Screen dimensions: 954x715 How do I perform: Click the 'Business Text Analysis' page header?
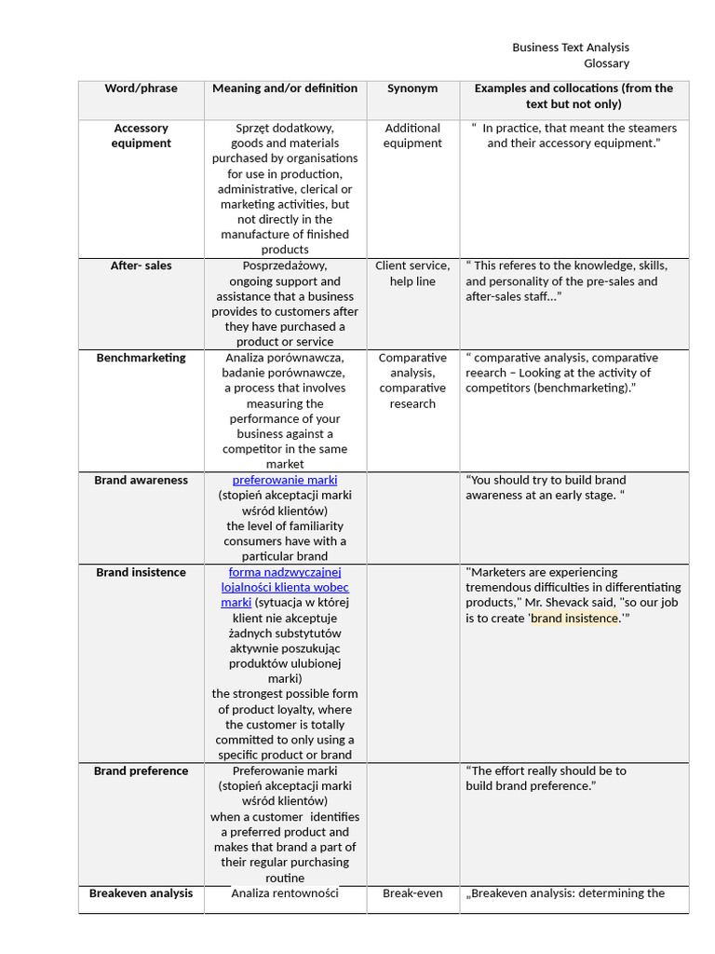coord(571,48)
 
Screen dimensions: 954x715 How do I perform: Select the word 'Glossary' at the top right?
coord(606,63)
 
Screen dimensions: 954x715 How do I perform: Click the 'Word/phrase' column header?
coord(142,89)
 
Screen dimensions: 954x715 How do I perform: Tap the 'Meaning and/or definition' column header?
coord(285,89)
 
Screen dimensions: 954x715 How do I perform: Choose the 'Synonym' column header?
coord(412,89)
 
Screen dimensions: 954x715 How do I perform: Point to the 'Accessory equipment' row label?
coord(142,135)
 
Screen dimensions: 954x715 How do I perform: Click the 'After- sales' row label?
coord(142,266)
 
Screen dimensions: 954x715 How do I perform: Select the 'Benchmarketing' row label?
coord(142,358)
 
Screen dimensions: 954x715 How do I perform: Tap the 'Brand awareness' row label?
coord(142,480)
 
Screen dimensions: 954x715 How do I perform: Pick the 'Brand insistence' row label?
coord(142,572)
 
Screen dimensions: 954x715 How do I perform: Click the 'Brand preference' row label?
coord(142,770)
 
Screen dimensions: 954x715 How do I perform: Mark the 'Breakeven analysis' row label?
coord(142,893)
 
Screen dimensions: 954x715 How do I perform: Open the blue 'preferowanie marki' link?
coord(285,480)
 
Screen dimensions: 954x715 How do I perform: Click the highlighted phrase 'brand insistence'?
coord(574,618)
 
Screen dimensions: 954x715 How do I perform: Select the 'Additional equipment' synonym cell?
coord(412,135)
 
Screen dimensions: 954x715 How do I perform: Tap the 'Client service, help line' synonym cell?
coord(412,273)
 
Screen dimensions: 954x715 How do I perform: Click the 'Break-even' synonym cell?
coord(412,893)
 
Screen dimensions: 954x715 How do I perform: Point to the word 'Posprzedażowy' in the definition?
coord(285,266)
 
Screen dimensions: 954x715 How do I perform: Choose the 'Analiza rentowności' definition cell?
coord(285,893)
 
